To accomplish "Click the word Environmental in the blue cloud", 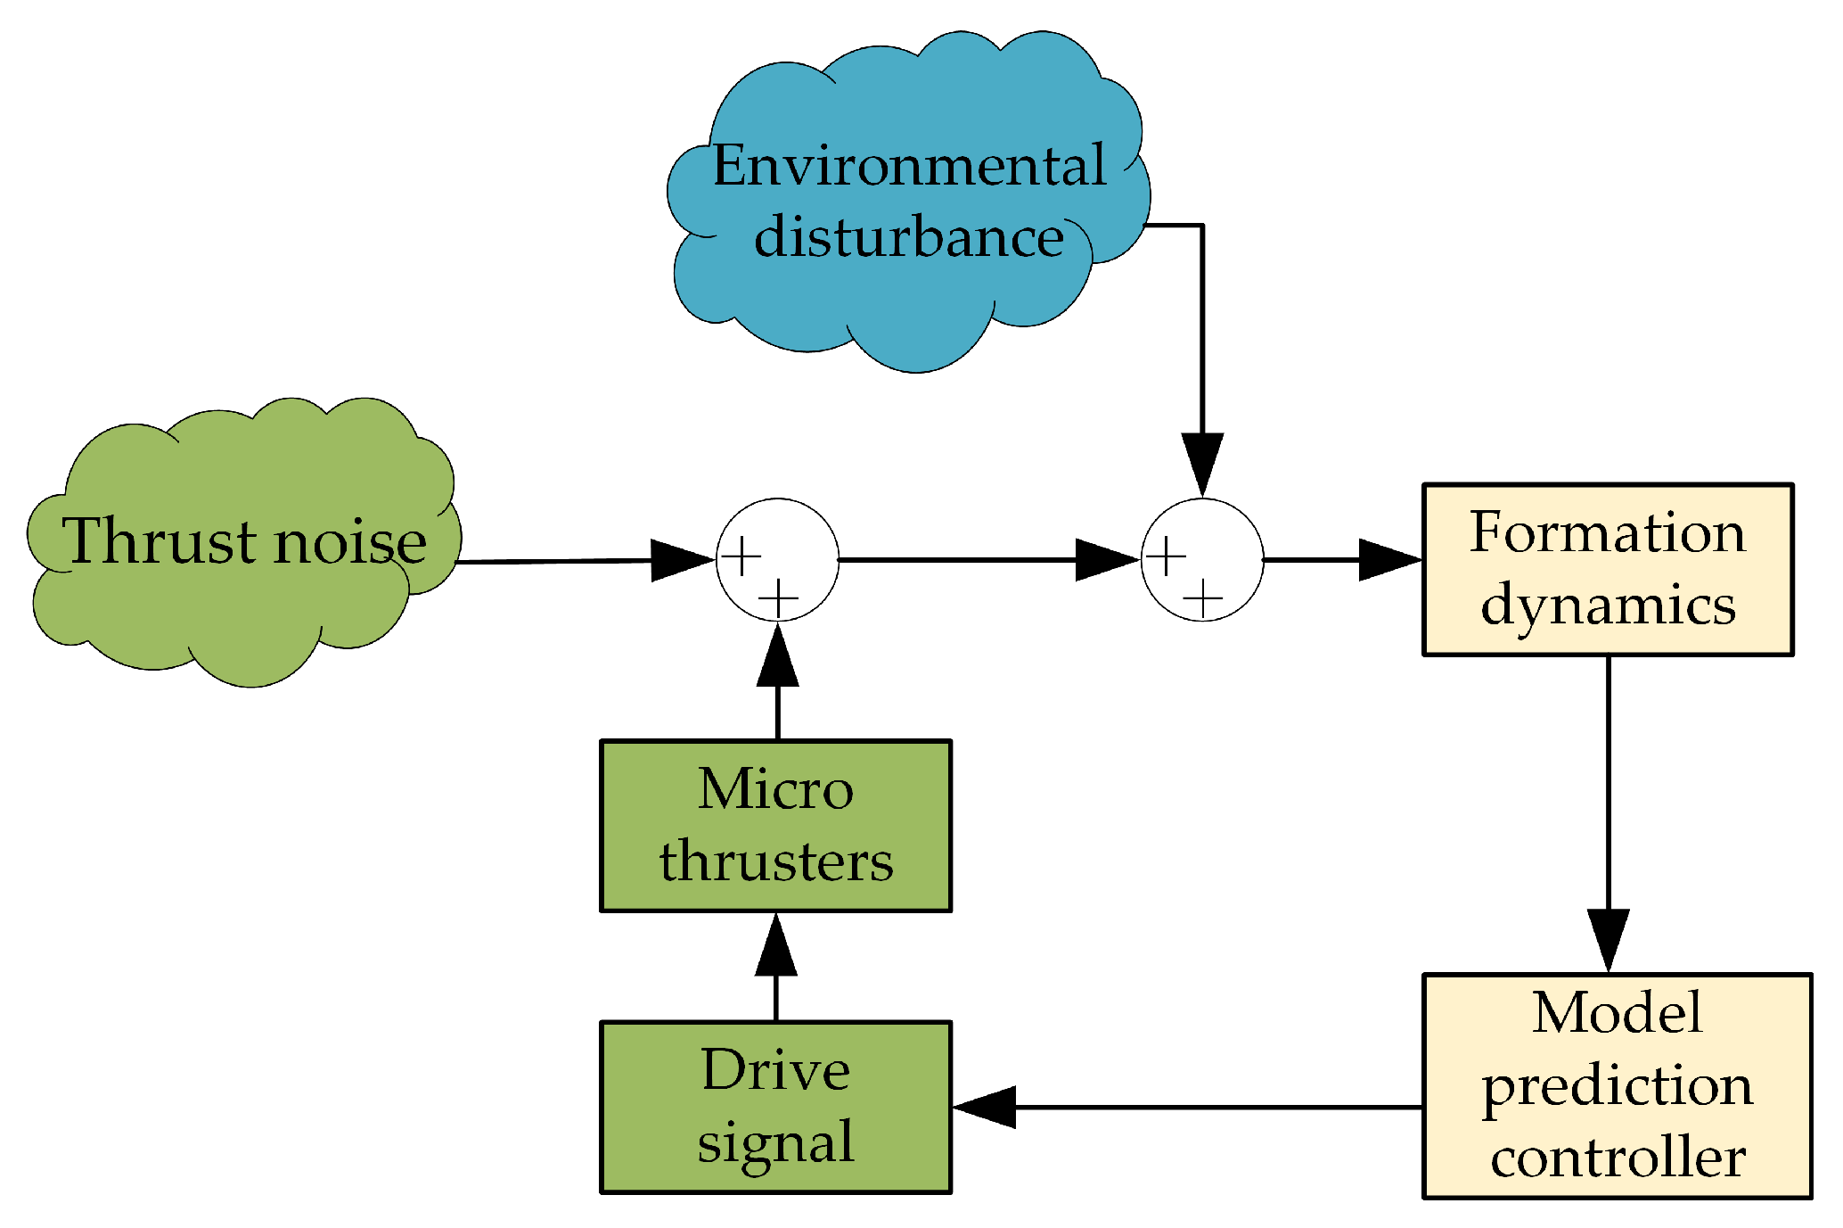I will (909, 167).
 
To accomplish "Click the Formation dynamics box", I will (1607, 570).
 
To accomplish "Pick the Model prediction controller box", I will (1617, 1085).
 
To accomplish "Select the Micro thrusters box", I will (775, 826).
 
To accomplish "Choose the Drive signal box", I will (775, 1107).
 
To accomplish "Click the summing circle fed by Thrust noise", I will (777, 560).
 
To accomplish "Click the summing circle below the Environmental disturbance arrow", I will (1202, 560).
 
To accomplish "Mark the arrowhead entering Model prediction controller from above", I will (1608, 939).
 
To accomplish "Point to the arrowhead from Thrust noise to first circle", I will (681, 560).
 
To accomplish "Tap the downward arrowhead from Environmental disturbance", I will (1202, 463).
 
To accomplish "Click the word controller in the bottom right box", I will (1617, 1158).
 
